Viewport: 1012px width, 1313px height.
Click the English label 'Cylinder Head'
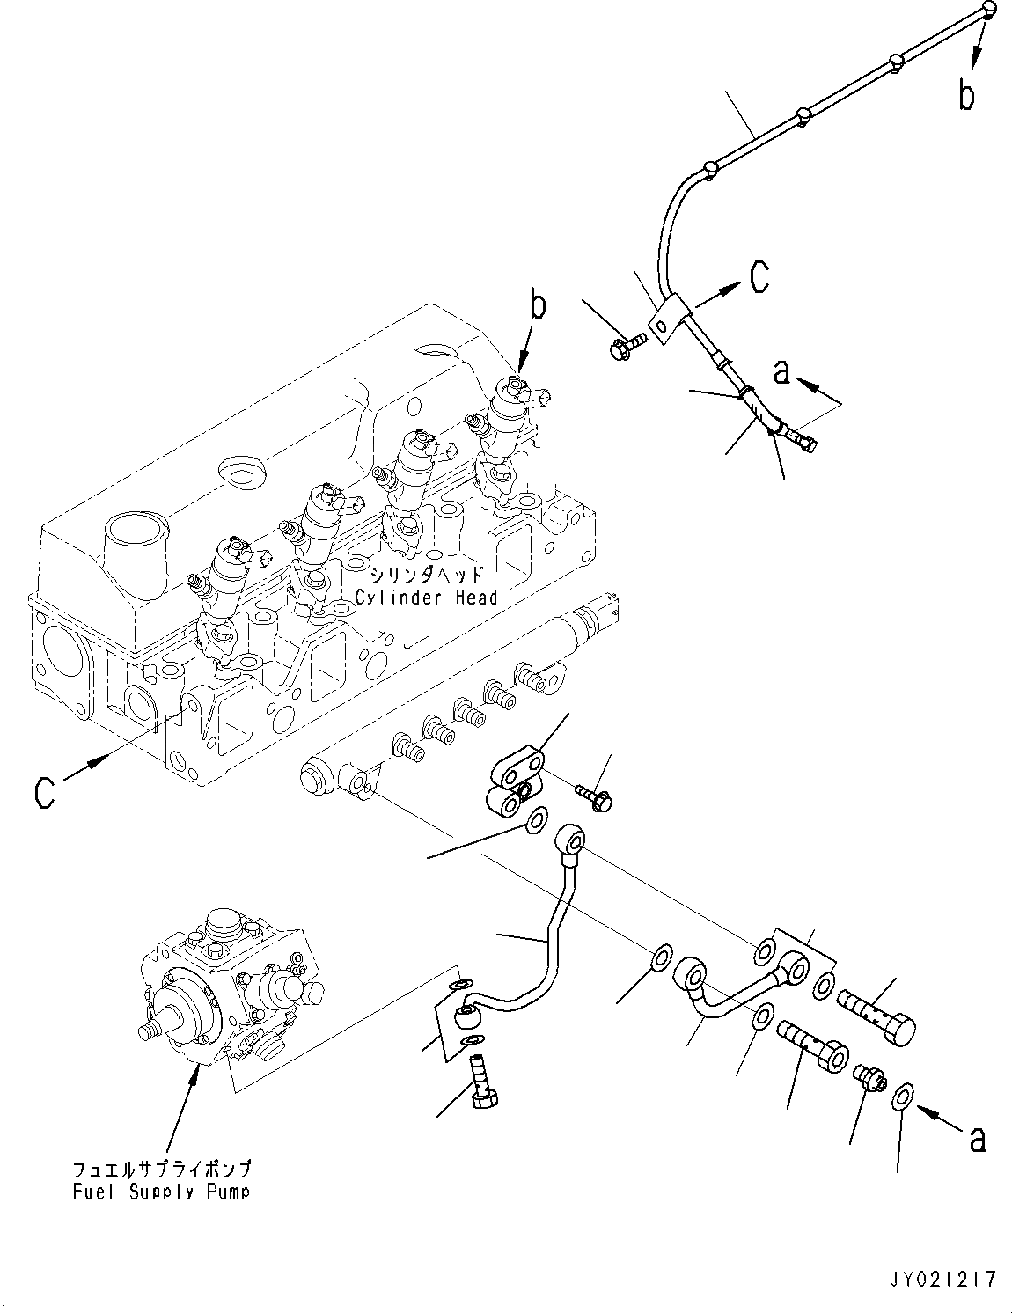tap(427, 598)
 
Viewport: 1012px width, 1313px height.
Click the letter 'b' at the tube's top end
tap(966, 94)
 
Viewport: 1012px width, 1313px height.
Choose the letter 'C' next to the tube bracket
tap(759, 277)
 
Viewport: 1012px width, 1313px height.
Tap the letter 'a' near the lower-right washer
tap(975, 1141)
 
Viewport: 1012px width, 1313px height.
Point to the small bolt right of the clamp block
tap(597, 796)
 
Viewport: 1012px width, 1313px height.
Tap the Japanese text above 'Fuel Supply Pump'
tap(162, 1170)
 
